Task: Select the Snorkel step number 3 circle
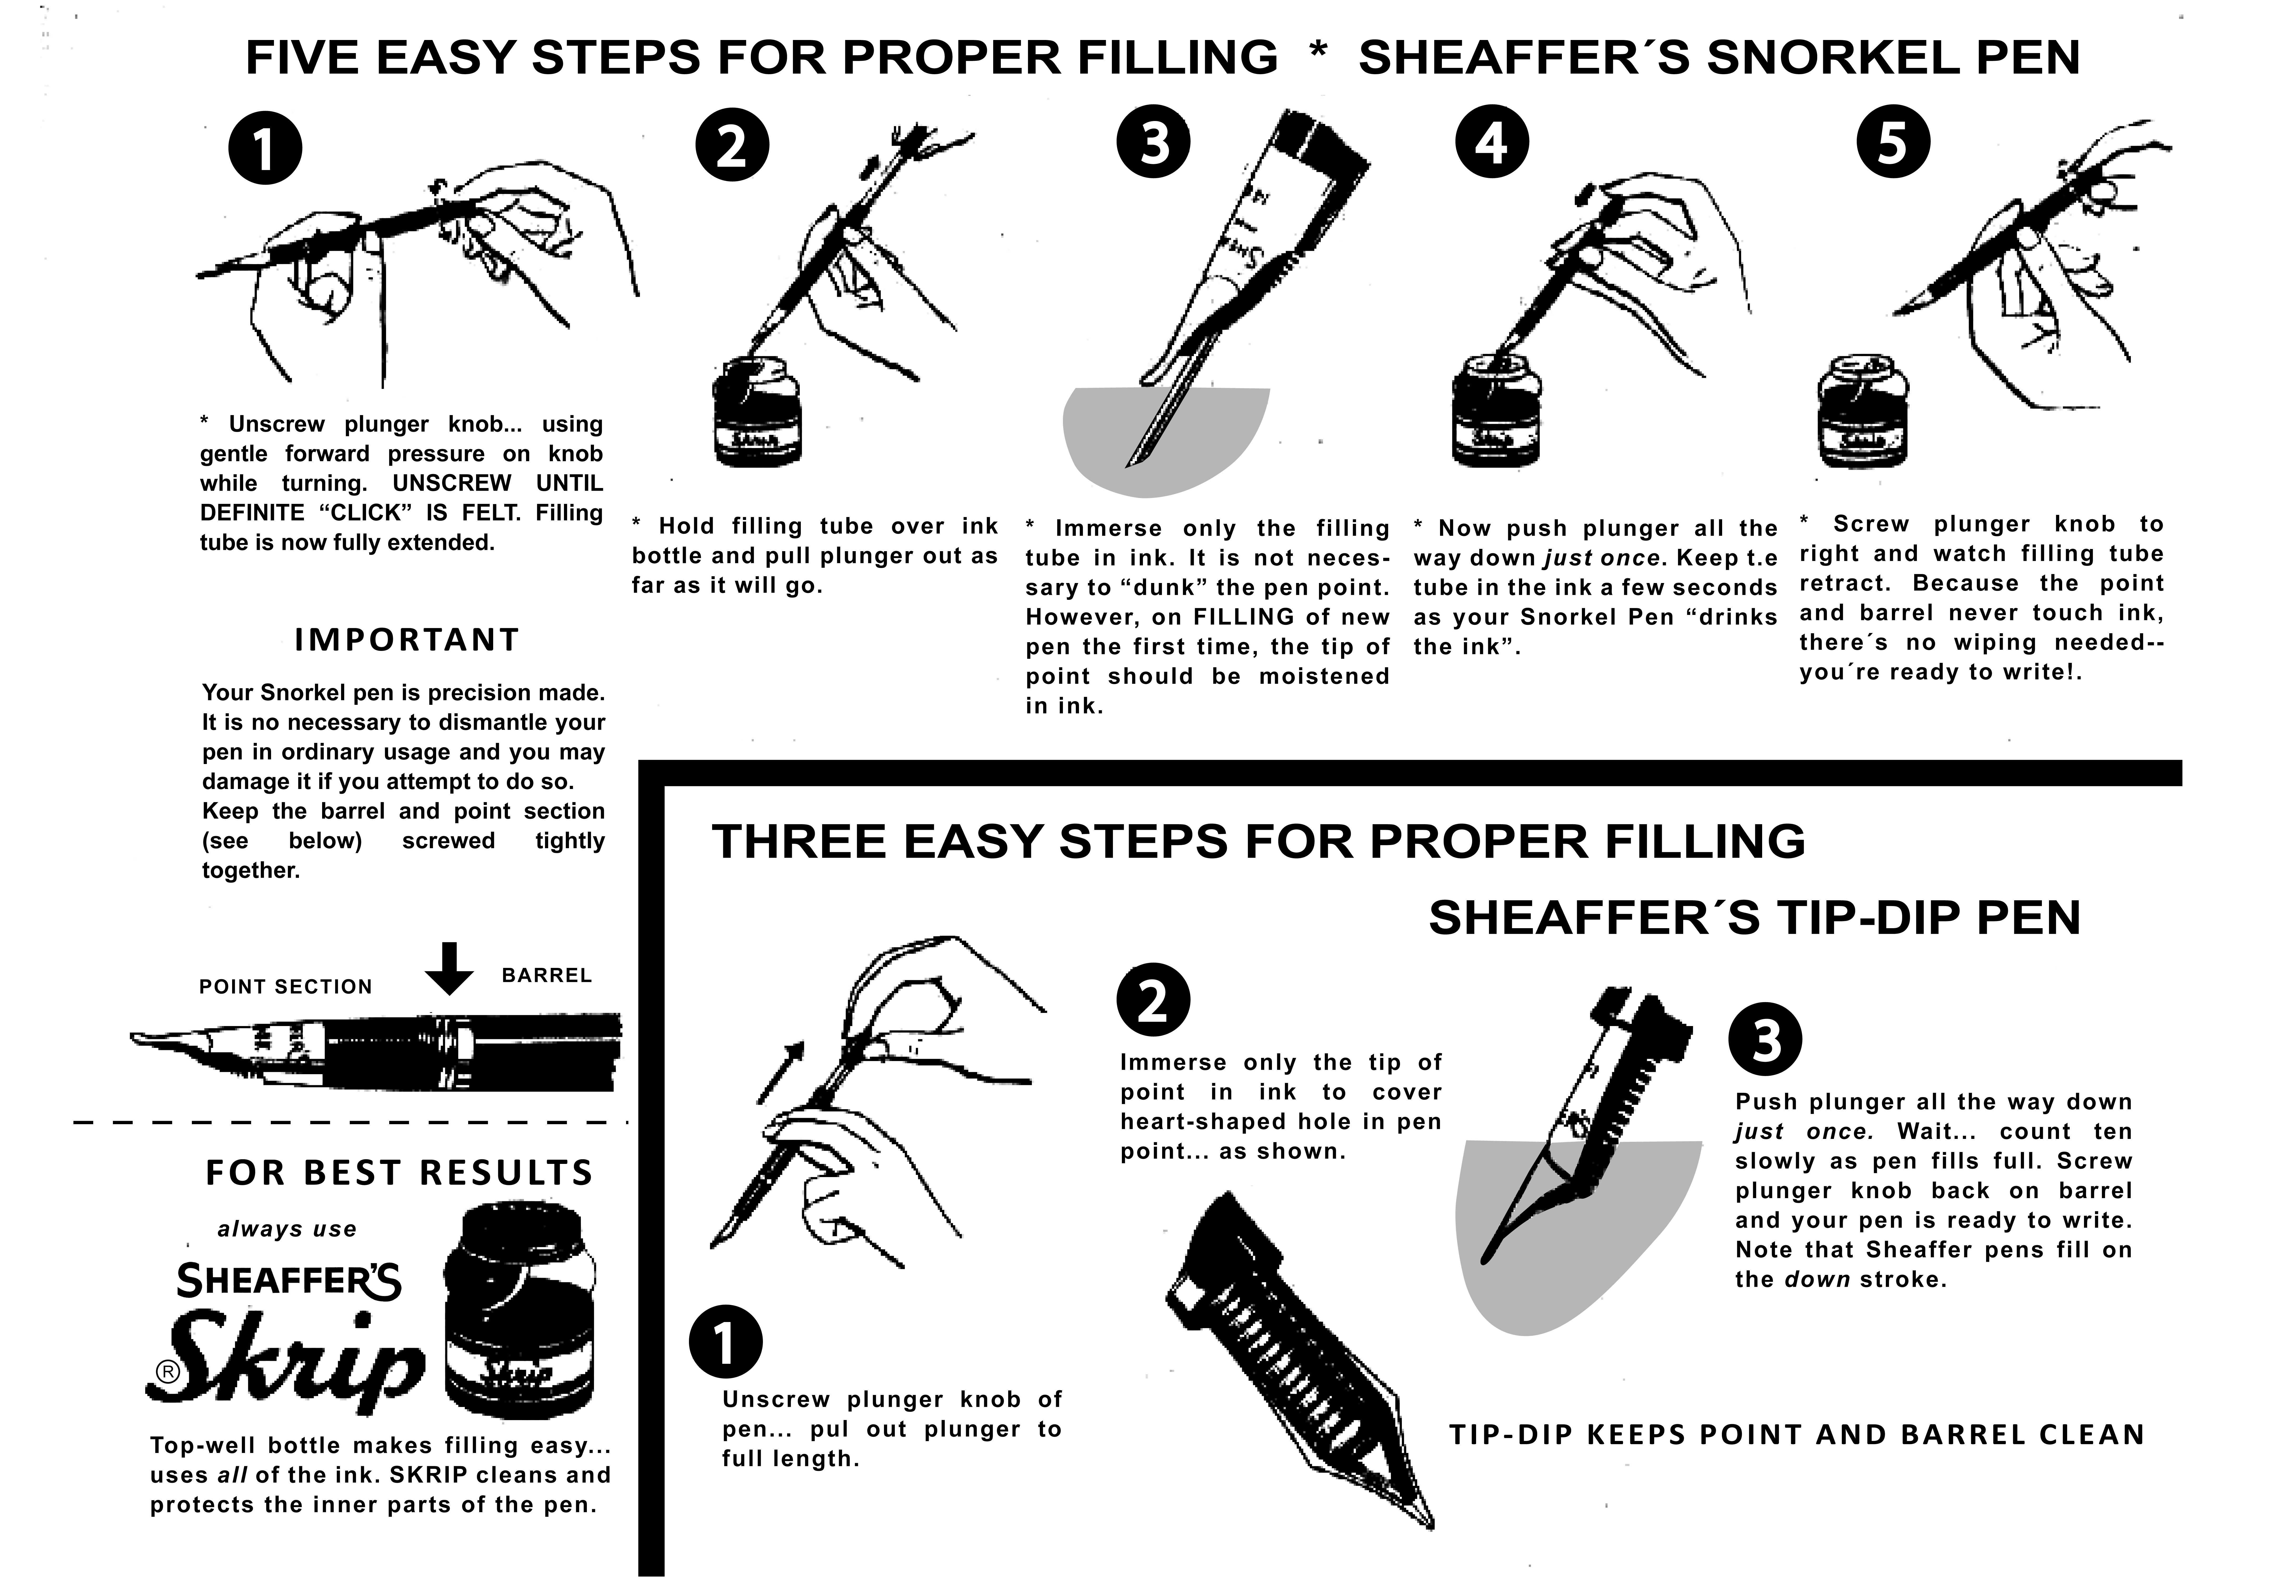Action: coord(1153,142)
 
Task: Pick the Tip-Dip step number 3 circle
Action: coord(1765,1042)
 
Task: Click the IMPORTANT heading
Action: coord(406,640)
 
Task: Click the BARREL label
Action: coord(547,975)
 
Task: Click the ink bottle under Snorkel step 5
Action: coord(1863,413)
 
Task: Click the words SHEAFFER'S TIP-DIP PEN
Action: coord(1754,918)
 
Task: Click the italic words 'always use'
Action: coord(287,1229)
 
